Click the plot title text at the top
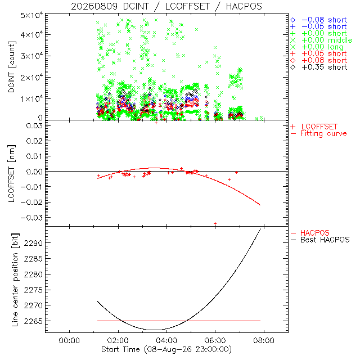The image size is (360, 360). click(x=166, y=6)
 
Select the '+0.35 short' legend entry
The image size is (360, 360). click(x=319, y=67)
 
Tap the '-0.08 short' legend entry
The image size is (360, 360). click(x=319, y=20)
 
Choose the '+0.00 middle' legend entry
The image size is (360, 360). click(x=321, y=40)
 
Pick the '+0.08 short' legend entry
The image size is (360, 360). click(x=319, y=60)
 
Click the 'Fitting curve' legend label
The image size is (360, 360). click(x=323, y=133)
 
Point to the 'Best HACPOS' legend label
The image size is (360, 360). click(x=325, y=240)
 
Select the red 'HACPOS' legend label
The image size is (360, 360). click(x=315, y=233)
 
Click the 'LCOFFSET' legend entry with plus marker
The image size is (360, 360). click(x=314, y=127)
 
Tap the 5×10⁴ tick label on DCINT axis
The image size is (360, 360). click(x=31, y=16)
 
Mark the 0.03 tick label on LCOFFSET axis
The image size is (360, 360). click(x=34, y=126)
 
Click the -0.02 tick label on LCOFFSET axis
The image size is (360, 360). click(x=31, y=202)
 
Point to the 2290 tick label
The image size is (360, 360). click(x=33, y=243)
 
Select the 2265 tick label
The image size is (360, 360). click(x=33, y=321)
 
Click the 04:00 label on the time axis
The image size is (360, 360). click(x=166, y=340)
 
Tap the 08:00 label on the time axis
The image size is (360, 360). click(x=264, y=340)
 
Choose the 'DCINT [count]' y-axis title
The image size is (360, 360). click(x=11, y=67)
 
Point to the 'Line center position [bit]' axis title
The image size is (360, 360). click(x=15, y=280)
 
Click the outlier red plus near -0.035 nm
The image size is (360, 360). click(x=215, y=223)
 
